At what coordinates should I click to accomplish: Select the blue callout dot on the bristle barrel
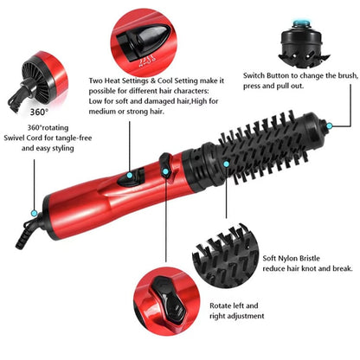point(226,163)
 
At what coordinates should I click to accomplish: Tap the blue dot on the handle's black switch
point(130,176)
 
